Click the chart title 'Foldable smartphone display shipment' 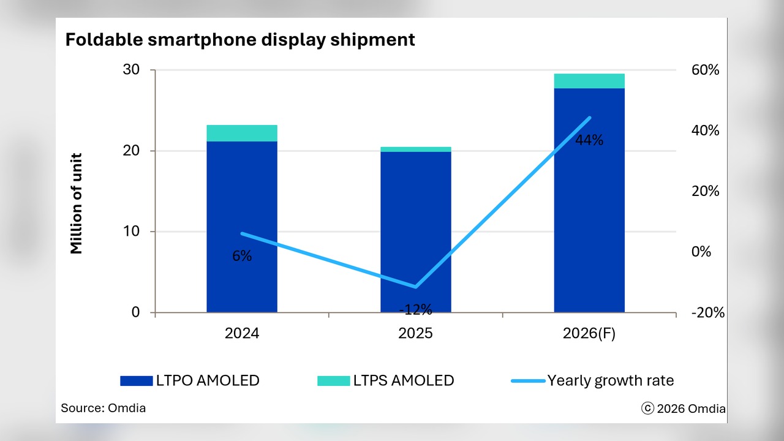coord(240,40)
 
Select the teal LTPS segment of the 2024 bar coord(242,133)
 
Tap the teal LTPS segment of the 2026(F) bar coord(589,81)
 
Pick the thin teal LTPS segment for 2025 coord(416,149)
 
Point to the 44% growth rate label coord(589,140)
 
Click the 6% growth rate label coord(242,256)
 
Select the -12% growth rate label coord(416,309)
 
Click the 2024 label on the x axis coord(242,333)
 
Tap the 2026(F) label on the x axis coord(589,333)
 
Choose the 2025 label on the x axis coord(415,333)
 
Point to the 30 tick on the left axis coord(131,70)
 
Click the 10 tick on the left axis coord(131,232)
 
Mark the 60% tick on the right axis coord(705,70)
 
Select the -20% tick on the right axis coord(707,312)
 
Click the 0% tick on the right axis coord(701,252)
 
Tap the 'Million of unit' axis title coord(76,203)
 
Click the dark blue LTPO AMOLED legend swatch coord(137,381)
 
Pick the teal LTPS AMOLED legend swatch coord(334,381)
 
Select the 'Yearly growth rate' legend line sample coord(528,381)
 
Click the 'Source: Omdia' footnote coord(104,408)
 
